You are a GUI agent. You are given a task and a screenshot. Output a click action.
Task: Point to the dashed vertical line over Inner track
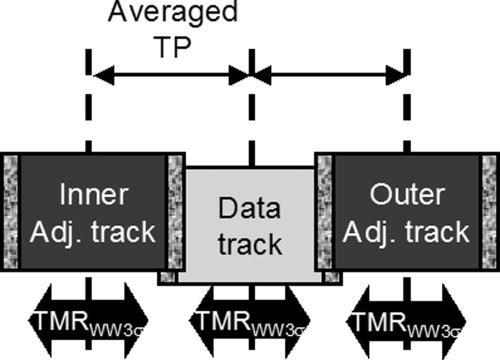click(x=89, y=110)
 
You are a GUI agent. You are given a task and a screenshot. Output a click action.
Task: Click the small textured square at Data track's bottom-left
click(x=167, y=277)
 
